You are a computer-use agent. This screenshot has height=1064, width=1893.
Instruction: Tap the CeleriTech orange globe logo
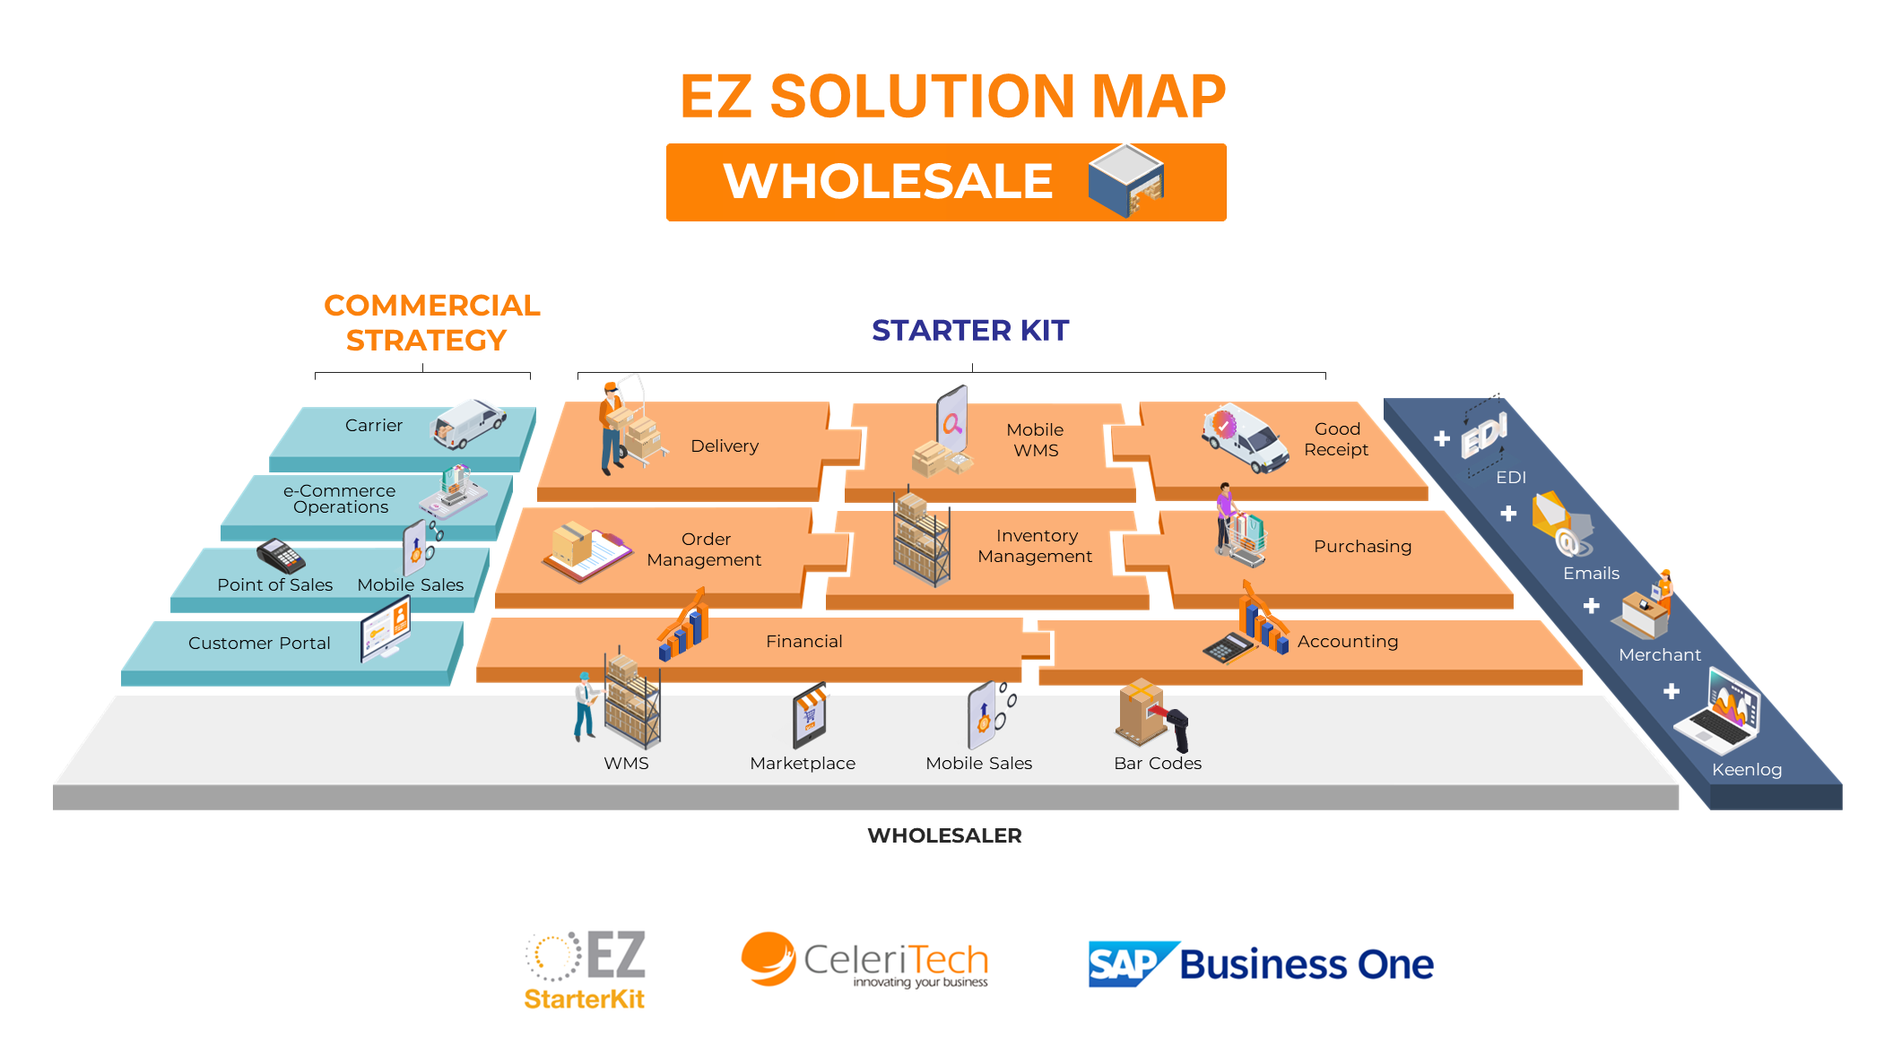click(768, 959)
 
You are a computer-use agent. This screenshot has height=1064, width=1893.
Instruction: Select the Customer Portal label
click(259, 643)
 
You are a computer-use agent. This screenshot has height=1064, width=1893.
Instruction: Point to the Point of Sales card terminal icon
click(281, 557)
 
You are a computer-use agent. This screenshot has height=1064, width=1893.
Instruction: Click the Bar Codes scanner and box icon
click(1151, 715)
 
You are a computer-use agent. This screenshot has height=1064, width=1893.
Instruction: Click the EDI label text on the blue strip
click(1511, 477)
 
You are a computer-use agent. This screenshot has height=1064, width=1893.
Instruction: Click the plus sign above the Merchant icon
click(1592, 606)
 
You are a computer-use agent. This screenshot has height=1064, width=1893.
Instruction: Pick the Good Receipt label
click(1336, 439)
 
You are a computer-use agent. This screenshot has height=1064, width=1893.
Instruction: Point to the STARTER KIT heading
click(970, 331)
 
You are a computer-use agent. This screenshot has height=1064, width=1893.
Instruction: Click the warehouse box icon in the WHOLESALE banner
click(1126, 179)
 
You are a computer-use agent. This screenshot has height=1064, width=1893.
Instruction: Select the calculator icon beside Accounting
click(1226, 647)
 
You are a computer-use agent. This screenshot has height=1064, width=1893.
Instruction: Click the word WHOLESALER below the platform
click(944, 835)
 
